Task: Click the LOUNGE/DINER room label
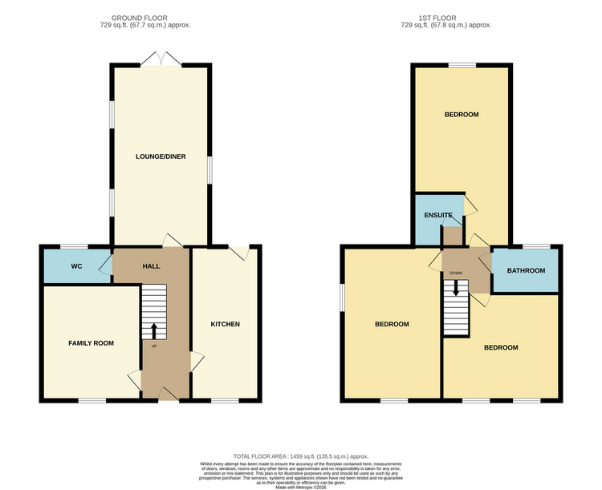161,156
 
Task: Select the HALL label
152,266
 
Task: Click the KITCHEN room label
226,324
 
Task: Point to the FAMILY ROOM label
91,343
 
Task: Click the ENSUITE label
439,216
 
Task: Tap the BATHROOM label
526,271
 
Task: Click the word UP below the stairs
154,346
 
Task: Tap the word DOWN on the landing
456,273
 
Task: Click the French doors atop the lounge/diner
161,59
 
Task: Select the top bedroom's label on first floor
462,115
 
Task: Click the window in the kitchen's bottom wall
225,400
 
